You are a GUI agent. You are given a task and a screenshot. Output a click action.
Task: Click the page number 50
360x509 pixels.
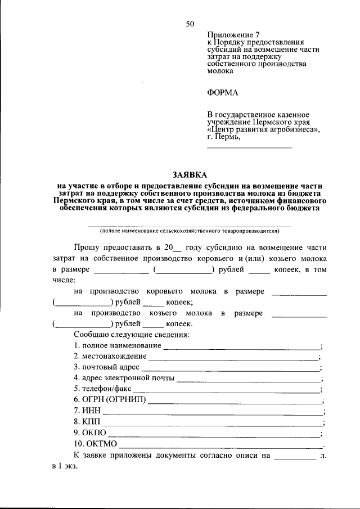tap(190, 24)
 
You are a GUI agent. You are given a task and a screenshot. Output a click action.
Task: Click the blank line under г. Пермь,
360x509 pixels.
tap(249, 147)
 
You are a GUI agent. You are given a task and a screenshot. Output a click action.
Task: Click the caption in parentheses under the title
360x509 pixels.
tap(190, 231)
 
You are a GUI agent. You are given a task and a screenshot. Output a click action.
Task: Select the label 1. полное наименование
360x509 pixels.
tap(118, 345)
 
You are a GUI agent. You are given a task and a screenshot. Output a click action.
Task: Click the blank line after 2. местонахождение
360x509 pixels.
tap(233, 358)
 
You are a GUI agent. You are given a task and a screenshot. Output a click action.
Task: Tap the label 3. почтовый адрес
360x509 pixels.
tap(107, 367)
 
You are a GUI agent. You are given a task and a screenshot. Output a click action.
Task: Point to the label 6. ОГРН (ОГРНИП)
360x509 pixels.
tap(110, 400)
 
